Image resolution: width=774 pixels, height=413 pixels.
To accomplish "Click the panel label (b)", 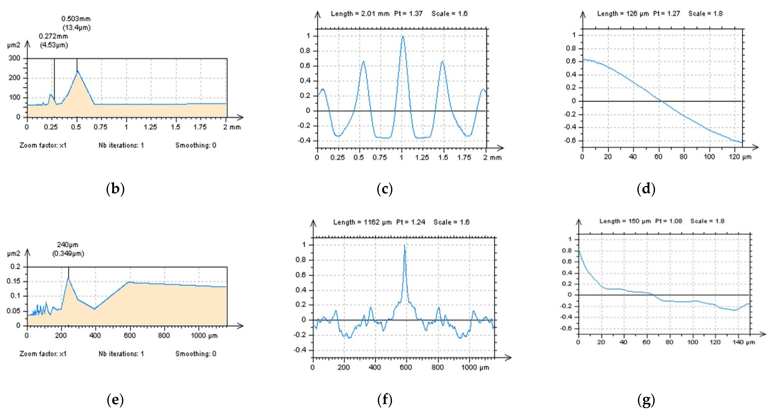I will [x=115, y=189].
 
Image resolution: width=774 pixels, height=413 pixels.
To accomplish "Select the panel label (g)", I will [x=646, y=400].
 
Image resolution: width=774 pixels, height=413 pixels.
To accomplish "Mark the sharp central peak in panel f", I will [x=404, y=246].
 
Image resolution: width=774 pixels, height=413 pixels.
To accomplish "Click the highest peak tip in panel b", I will [x=77, y=71].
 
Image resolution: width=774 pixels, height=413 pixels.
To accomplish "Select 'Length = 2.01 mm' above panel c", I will [x=360, y=13].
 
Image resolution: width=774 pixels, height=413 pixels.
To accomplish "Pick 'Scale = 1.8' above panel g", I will [x=707, y=221].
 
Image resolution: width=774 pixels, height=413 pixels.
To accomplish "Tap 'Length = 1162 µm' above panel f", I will [x=362, y=222].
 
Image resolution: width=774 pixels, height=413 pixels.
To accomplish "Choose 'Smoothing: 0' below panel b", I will [x=196, y=146].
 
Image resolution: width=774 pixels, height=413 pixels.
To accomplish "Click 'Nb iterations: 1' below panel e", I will [x=121, y=354].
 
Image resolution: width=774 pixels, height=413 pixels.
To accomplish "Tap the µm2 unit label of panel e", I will [x=13, y=254].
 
